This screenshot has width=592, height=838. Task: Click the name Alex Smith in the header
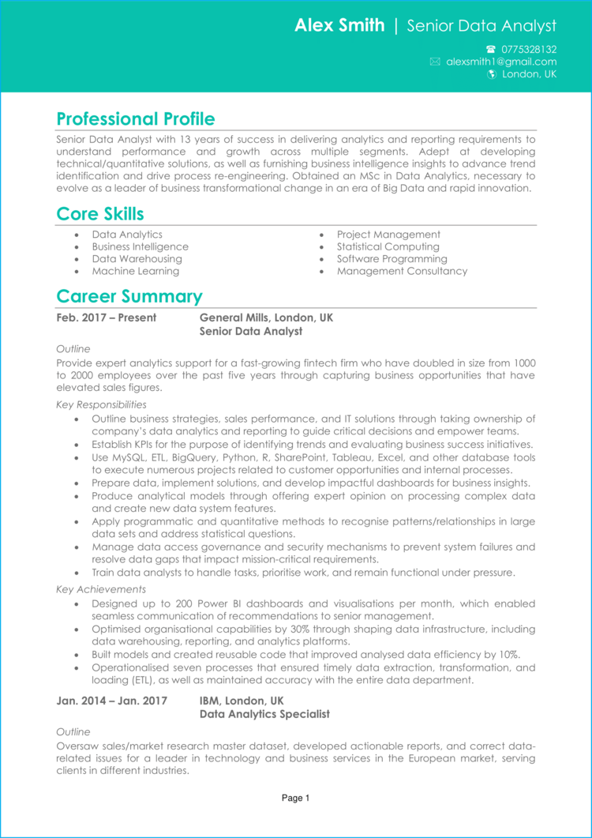339,25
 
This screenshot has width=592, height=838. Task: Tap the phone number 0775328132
528,49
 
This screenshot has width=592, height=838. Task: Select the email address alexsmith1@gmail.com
500,62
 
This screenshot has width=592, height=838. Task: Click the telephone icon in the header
491,49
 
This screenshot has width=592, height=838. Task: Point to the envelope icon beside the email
435,62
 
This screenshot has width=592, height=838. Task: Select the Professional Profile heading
135,119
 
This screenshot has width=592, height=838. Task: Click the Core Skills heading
100,214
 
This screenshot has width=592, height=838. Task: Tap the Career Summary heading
129,297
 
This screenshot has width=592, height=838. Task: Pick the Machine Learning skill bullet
135,271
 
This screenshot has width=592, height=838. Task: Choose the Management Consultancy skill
402,271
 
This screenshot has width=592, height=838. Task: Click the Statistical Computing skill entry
388,246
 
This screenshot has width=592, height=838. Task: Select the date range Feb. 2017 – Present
107,318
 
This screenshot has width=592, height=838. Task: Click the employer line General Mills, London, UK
266,318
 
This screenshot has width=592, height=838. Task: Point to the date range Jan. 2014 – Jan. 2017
112,701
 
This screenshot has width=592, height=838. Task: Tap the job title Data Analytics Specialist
264,714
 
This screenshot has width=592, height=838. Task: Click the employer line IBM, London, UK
242,701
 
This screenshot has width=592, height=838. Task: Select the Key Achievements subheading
101,589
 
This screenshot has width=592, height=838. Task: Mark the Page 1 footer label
296,799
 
